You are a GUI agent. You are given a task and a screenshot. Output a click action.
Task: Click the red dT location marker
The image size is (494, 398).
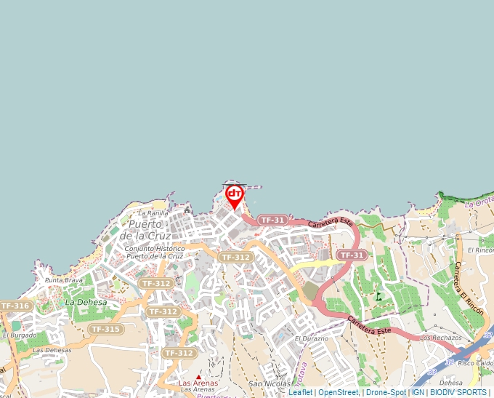tap(234, 195)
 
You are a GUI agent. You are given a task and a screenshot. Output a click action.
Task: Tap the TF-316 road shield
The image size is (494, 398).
tap(15, 306)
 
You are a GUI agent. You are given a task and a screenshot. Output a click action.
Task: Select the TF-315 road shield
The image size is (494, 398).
tap(106, 329)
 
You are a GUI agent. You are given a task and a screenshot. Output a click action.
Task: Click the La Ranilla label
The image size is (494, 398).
tap(153, 213)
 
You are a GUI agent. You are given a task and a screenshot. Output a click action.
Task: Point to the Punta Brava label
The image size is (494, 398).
tap(64, 280)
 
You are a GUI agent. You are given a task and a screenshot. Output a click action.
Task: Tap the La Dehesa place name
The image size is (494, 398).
tap(86, 302)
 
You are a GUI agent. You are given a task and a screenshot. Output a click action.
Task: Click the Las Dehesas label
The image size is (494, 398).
tap(52, 350)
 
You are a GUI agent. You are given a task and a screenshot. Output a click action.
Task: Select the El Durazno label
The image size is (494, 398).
tap(312, 339)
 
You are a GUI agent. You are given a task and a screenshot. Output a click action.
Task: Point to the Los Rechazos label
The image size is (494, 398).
tap(440, 338)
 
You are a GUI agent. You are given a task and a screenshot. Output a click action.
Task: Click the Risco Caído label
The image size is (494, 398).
tap(475, 362)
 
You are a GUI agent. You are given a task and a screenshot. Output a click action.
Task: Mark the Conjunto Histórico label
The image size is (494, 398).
tap(155, 249)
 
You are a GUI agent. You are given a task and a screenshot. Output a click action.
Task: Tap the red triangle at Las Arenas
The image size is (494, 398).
tap(199, 376)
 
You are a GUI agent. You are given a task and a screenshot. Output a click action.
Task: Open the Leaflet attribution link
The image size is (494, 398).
tap(300, 393)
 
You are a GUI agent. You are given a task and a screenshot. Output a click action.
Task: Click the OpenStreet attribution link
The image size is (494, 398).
tap(339, 393)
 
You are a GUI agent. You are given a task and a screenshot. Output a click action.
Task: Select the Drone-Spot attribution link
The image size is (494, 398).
tap(386, 393)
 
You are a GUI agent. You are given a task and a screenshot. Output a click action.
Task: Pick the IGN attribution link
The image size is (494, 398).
tap(418, 393)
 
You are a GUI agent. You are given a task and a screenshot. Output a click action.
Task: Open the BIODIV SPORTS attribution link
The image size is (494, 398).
tap(458, 393)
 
